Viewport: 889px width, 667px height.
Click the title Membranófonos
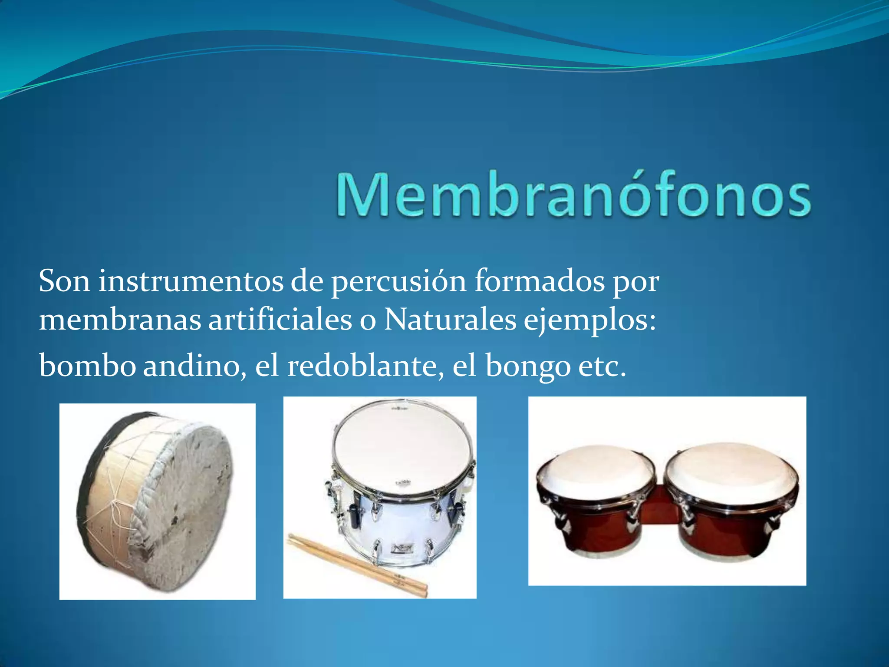point(573,194)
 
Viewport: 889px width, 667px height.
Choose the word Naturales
point(450,320)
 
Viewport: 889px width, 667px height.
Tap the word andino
point(192,366)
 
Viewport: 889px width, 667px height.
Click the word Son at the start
point(64,281)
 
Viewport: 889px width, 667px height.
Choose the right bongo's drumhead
point(732,466)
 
